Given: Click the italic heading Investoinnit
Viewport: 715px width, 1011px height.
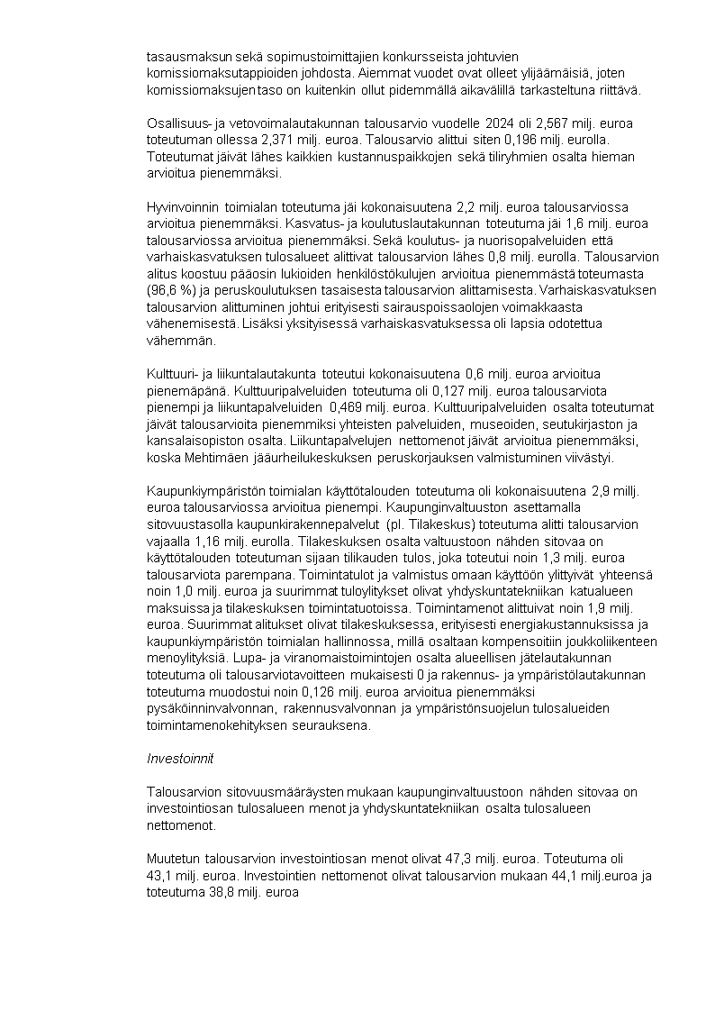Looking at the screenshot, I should coord(180,758).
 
